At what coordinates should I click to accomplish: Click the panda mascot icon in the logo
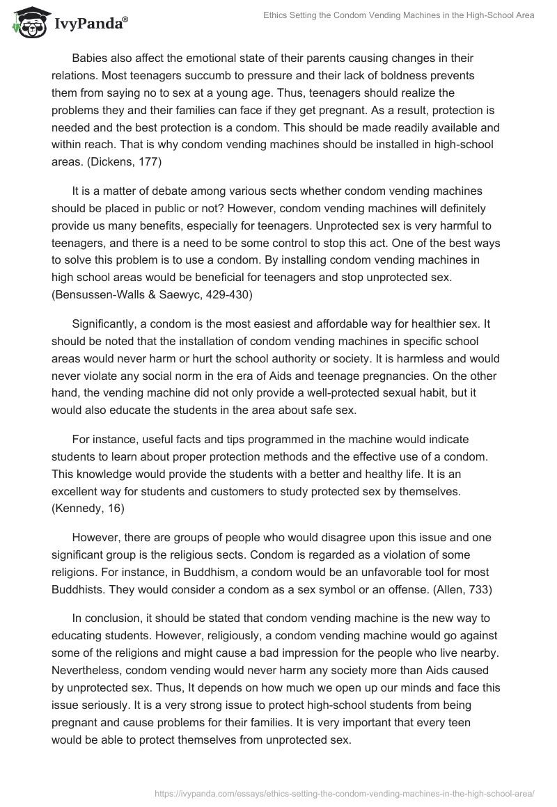[28, 23]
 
